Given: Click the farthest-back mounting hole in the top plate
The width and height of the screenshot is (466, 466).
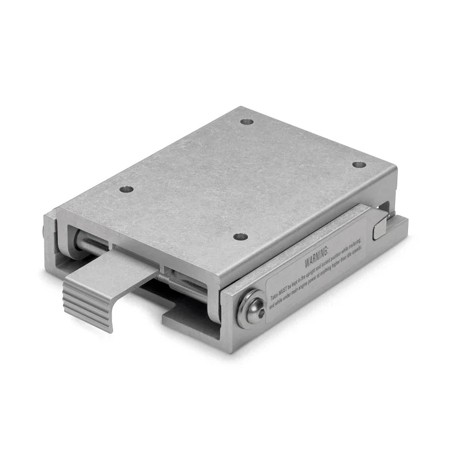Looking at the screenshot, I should (247, 121).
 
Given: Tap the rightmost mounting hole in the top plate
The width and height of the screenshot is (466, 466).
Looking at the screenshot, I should (359, 165).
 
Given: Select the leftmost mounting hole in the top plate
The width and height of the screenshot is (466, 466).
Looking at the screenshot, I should (127, 189).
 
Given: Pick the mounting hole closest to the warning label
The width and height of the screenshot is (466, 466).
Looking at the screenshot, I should (240, 236).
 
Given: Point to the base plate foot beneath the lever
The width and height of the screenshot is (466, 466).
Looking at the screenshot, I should (186, 324).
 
